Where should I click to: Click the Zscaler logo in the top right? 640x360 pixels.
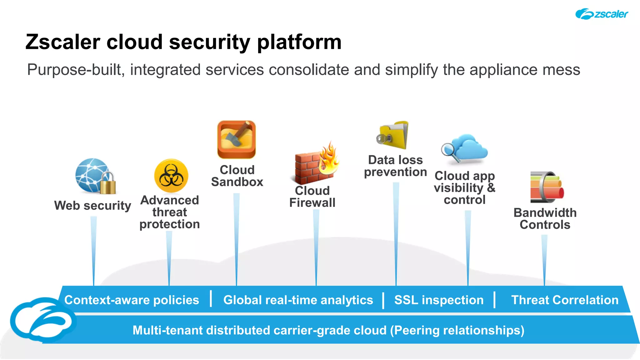(601, 14)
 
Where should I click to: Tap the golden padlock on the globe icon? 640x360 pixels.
(108, 184)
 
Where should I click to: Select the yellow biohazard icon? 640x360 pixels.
(171, 176)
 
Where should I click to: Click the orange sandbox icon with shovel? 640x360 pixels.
(237, 140)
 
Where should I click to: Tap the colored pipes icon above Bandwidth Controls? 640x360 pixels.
(547, 187)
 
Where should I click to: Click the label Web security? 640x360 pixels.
(92, 206)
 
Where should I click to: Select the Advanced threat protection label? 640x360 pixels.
(169, 212)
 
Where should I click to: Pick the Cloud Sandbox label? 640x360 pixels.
(237, 176)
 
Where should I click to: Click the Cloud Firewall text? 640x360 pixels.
(312, 197)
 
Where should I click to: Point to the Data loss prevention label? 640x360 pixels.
(395, 166)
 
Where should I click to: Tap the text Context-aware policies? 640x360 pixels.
(132, 300)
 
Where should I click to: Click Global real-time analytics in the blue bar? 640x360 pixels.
(298, 300)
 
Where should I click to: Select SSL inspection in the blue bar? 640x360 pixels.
(439, 300)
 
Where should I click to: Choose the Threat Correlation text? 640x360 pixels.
(565, 300)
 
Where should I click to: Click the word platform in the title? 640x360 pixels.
(299, 42)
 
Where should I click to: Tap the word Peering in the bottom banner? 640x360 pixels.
(418, 331)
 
